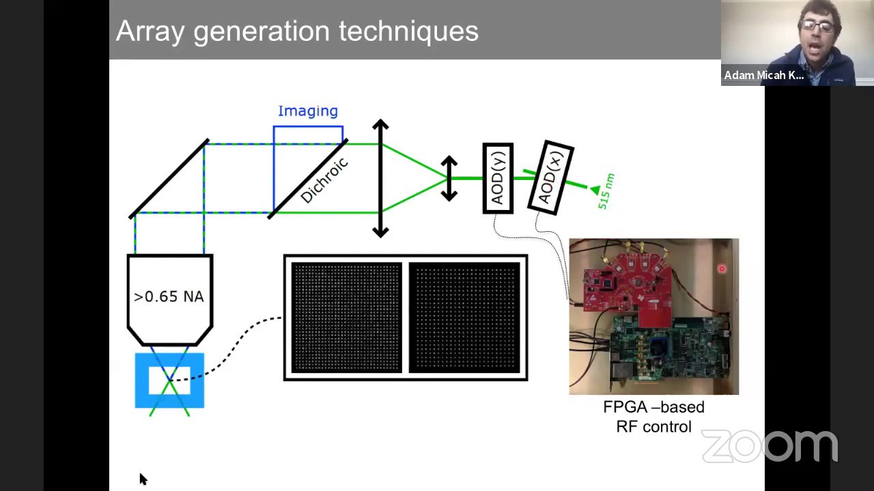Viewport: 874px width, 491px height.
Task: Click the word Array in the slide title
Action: pos(150,32)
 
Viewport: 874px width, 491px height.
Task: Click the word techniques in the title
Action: pos(408,31)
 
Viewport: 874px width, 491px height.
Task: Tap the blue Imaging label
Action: pos(308,111)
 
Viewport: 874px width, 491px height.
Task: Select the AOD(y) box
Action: pos(498,178)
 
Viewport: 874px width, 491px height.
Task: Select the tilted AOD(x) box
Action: pos(551,178)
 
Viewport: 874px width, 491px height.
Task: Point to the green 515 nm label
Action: pos(606,192)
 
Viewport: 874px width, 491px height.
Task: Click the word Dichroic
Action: pos(324,180)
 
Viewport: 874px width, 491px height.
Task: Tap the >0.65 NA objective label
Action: pos(169,297)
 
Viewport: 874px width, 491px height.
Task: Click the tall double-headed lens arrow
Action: pos(380,178)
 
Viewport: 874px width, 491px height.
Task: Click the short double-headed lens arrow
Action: pos(449,179)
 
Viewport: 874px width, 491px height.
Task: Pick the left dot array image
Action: pos(346,317)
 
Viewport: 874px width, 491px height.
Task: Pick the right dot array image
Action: pos(464,317)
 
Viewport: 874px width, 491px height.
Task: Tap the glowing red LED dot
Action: pos(722,269)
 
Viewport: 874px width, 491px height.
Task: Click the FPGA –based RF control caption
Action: pos(654,417)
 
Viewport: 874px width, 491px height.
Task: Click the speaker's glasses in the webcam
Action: pos(817,27)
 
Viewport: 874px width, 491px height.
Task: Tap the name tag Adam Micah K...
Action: pos(763,75)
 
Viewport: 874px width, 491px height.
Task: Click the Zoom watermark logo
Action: pos(770,446)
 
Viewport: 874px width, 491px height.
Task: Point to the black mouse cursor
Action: pos(143,479)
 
